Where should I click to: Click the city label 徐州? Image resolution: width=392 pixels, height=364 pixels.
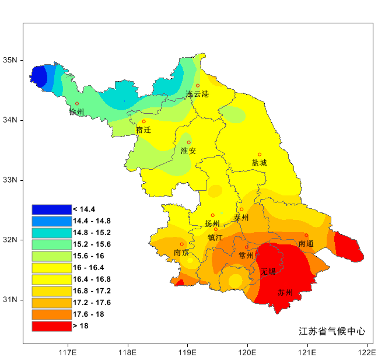76,112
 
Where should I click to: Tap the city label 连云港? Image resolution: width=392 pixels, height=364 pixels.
197,94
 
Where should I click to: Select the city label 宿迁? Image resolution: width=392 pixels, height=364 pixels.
143,130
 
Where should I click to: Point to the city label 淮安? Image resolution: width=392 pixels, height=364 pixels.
188,150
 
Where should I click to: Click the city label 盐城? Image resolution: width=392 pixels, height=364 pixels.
259,163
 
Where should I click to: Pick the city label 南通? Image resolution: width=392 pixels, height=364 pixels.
306,243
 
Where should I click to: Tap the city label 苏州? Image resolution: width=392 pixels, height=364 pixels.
285,293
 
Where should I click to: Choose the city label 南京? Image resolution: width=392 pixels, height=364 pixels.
181,253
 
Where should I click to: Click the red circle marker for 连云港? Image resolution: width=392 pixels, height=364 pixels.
198,86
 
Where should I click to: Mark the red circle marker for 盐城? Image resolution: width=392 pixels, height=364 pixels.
260,155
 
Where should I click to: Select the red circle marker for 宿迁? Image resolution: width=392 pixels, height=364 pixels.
143,122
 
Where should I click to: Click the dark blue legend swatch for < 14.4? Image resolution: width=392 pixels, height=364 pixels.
51,209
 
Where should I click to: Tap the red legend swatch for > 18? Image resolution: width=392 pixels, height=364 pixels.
51,326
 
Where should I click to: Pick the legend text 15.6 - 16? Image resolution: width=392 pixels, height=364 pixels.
89,256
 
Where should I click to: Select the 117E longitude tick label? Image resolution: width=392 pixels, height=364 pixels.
68,352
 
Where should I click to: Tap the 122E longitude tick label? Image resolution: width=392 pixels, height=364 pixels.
367,352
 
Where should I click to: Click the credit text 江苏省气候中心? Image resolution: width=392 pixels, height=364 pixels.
332,331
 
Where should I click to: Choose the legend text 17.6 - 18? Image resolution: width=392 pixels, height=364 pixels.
89,314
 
